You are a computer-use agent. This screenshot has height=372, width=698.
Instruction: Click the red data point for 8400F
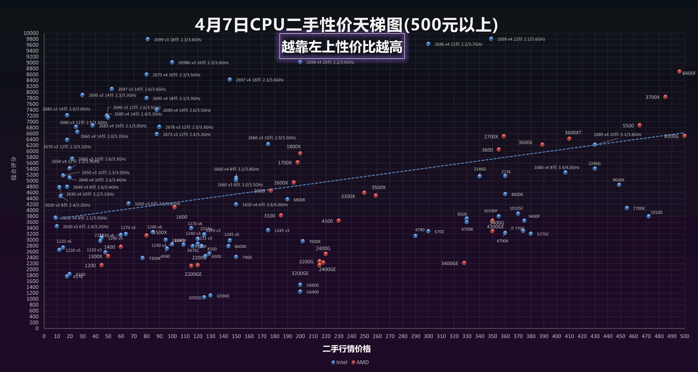[x=679, y=72]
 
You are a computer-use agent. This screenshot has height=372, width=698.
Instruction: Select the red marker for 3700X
[x=665, y=97]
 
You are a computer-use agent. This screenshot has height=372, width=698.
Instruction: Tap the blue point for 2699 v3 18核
[x=148, y=39]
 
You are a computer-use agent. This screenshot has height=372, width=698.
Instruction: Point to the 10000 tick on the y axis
[x=31, y=33]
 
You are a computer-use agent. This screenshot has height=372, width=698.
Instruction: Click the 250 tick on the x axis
[x=364, y=336]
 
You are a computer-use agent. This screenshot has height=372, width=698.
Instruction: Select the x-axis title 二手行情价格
[x=347, y=349]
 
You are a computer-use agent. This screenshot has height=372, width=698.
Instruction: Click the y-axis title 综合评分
[x=14, y=168]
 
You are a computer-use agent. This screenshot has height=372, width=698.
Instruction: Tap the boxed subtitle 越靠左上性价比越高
[x=342, y=47]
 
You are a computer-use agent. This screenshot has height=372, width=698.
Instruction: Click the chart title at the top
[x=346, y=25]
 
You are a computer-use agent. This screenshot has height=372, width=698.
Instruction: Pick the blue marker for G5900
[x=210, y=296]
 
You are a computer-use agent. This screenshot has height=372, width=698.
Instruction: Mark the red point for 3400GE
[x=464, y=263]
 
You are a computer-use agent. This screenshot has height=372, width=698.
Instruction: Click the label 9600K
[x=618, y=180]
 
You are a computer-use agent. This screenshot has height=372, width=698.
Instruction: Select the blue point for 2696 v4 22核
[x=428, y=44]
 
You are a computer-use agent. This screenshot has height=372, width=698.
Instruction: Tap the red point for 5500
[x=640, y=125]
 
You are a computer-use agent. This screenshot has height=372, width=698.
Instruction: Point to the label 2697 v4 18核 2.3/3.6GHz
[x=260, y=80]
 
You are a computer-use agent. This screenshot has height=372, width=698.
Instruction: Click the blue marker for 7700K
[x=627, y=208]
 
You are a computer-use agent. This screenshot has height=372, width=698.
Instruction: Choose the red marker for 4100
[x=339, y=221]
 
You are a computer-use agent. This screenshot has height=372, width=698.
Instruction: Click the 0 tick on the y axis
[x=37, y=328]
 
